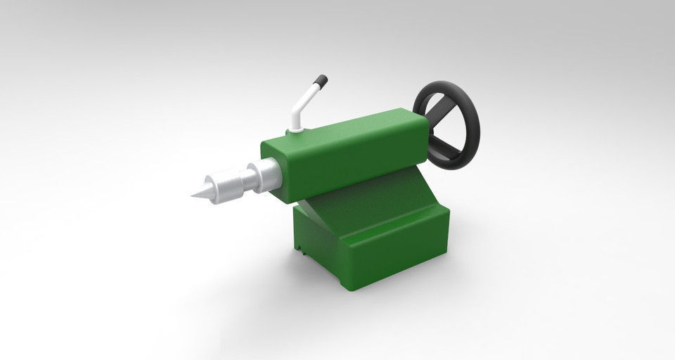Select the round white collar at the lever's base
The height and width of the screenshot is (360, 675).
pyautogui.click(x=295, y=129)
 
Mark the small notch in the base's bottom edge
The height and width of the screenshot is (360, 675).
pyautogui.click(x=302, y=248)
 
